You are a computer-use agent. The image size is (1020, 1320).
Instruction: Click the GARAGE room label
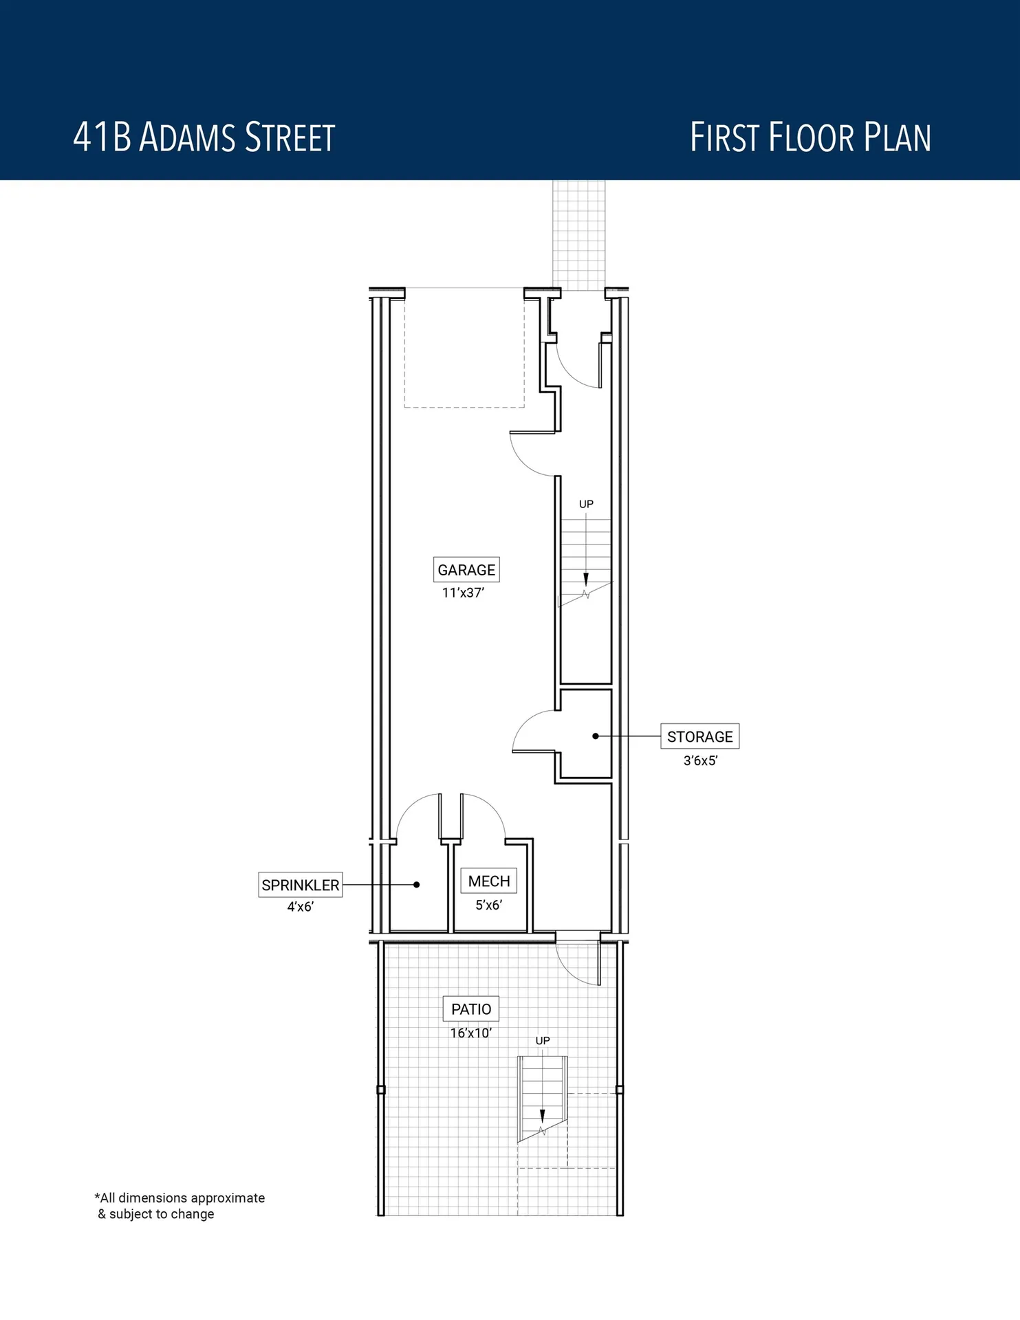tap(466, 570)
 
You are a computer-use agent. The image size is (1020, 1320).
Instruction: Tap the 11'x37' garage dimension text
tap(463, 593)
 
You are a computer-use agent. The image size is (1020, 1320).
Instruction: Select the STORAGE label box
tap(699, 736)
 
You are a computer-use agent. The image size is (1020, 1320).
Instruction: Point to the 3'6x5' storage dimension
tap(700, 760)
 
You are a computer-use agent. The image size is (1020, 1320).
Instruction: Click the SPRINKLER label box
tap(301, 885)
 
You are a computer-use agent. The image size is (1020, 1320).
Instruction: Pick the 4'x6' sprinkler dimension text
tap(300, 907)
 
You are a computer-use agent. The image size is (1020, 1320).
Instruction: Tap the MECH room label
tap(489, 881)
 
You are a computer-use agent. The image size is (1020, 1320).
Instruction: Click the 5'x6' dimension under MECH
tap(488, 905)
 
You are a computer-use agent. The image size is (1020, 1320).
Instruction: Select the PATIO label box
tap(471, 1009)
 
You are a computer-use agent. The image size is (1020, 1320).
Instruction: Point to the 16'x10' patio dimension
tap(470, 1033)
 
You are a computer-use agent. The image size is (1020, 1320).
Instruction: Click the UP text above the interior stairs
tap(586, 504)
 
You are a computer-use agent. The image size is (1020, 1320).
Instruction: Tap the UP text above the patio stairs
tap(543, 1041)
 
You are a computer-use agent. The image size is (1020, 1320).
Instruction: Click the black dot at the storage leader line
tap(596, 736)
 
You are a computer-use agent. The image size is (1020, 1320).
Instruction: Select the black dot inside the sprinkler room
tap(416, 885)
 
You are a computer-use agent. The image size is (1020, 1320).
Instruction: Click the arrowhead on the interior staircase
tap(586, 579)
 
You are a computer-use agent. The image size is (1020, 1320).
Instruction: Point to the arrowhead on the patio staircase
tap(542, 1115)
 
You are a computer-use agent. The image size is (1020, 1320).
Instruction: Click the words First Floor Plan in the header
tap(810, 137)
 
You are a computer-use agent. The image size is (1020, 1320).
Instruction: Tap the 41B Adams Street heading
tap(204, 137)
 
